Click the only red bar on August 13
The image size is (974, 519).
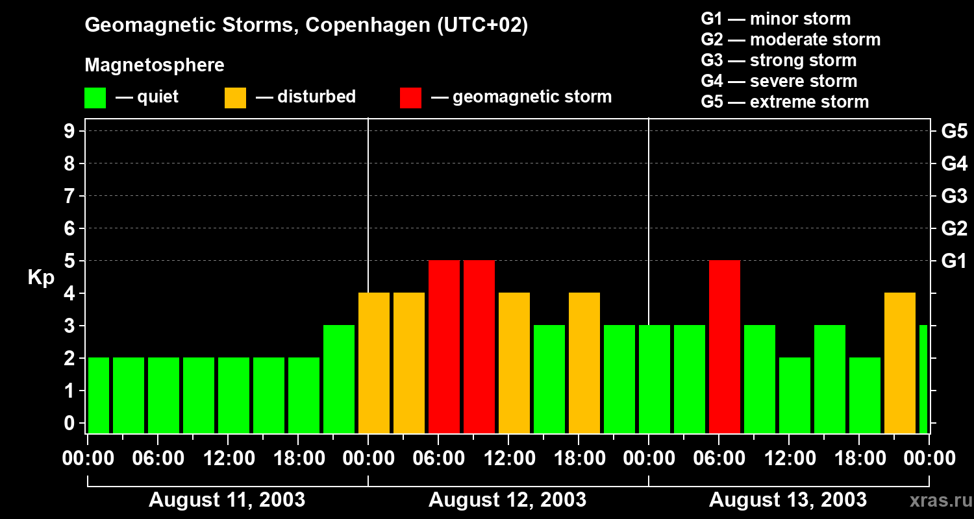(725, 346)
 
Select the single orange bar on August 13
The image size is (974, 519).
(900, 363)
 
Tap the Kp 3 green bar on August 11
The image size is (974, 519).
(339, 379)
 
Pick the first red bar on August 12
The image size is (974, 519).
(444, 346)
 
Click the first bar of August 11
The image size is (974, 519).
(98, 395)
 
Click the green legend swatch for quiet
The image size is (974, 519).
(95, 97)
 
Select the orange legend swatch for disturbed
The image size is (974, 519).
(235, 97)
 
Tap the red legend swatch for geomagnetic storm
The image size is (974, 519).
(410, 97)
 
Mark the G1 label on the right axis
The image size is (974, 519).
(954, 261)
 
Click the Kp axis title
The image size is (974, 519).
(41, 278)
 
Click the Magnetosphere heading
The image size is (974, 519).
(155, 66)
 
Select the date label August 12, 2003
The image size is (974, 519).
(507, 500)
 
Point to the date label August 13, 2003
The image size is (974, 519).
(788, 500)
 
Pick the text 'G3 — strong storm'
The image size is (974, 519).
(779, 60)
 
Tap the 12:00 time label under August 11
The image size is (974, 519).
(228, 459)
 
